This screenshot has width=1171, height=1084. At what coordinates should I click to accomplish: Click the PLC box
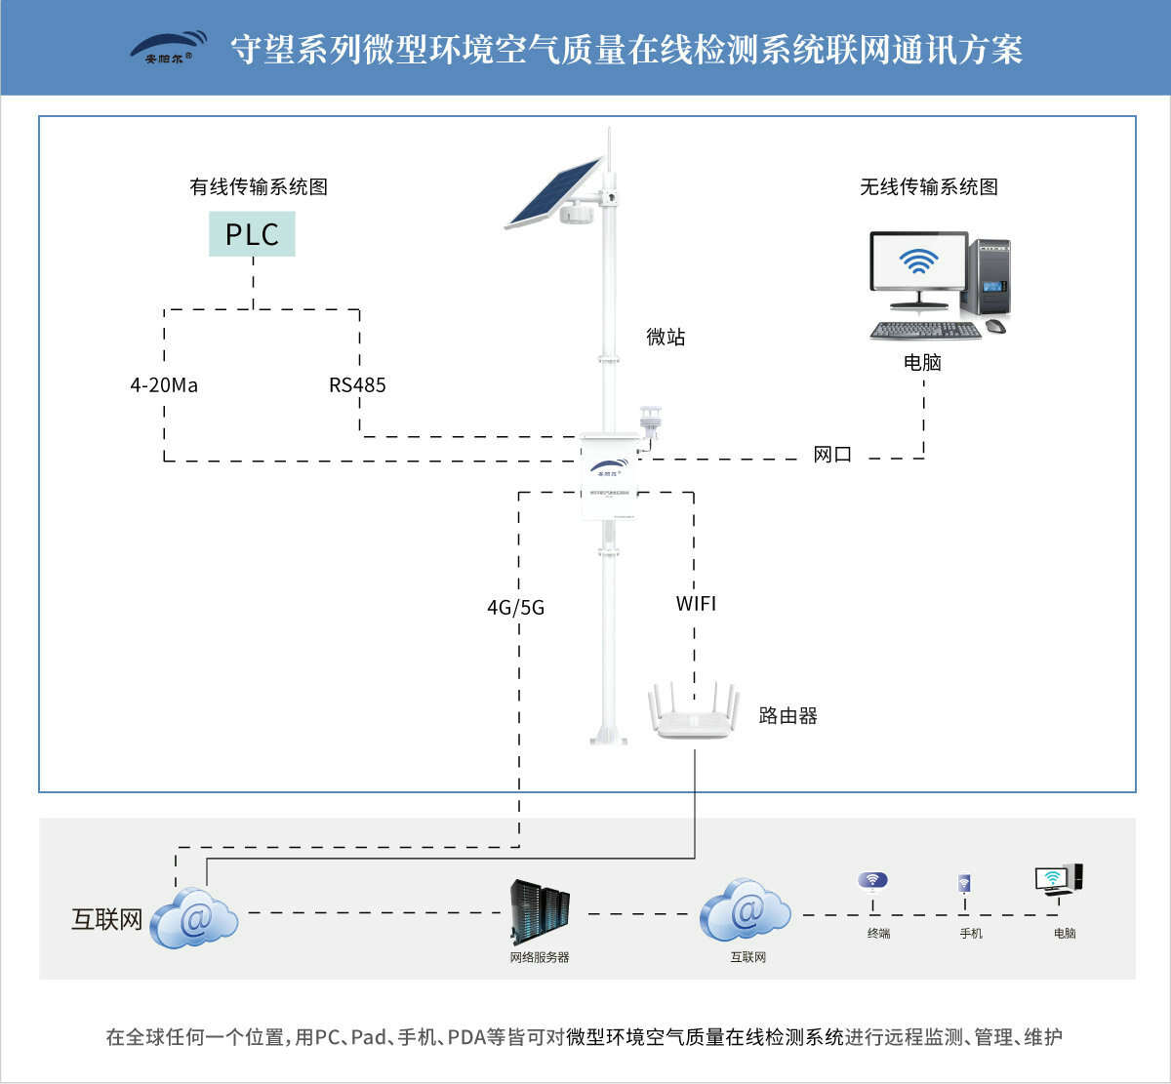click(252, 234)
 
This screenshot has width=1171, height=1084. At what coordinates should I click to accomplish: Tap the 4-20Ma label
click(164, 385)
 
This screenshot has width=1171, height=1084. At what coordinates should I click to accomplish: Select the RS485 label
click(357, 385)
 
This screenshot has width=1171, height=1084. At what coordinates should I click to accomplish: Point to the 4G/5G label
click(515, 608)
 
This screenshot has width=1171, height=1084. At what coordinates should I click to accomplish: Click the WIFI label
click(696, 604)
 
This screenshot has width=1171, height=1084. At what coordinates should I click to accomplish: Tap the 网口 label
click(832, 455)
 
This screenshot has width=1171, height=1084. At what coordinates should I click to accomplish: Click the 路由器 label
click(787, 716)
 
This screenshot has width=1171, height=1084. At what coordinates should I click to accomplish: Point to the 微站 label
click(666, 338)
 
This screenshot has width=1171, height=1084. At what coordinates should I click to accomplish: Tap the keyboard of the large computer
click(924, 331)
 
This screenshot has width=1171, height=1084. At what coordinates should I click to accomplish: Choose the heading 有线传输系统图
click(258, 187)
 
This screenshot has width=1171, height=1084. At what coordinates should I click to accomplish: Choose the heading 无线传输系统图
click(928, 187)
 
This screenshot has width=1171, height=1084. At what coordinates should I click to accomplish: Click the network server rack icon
click(540, 912)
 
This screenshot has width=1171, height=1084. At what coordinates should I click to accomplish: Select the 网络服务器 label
click(540, 958)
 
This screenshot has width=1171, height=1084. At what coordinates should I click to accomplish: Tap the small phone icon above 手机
click(964, 884)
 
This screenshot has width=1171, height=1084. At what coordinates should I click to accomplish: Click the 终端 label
click(878, 934)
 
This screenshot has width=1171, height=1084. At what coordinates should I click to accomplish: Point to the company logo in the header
click(169, 47)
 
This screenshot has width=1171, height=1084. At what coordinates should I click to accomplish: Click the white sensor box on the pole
click(610, 476)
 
